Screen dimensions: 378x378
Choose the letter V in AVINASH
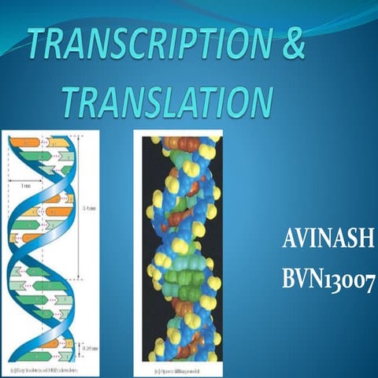[x=301, y=239]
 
